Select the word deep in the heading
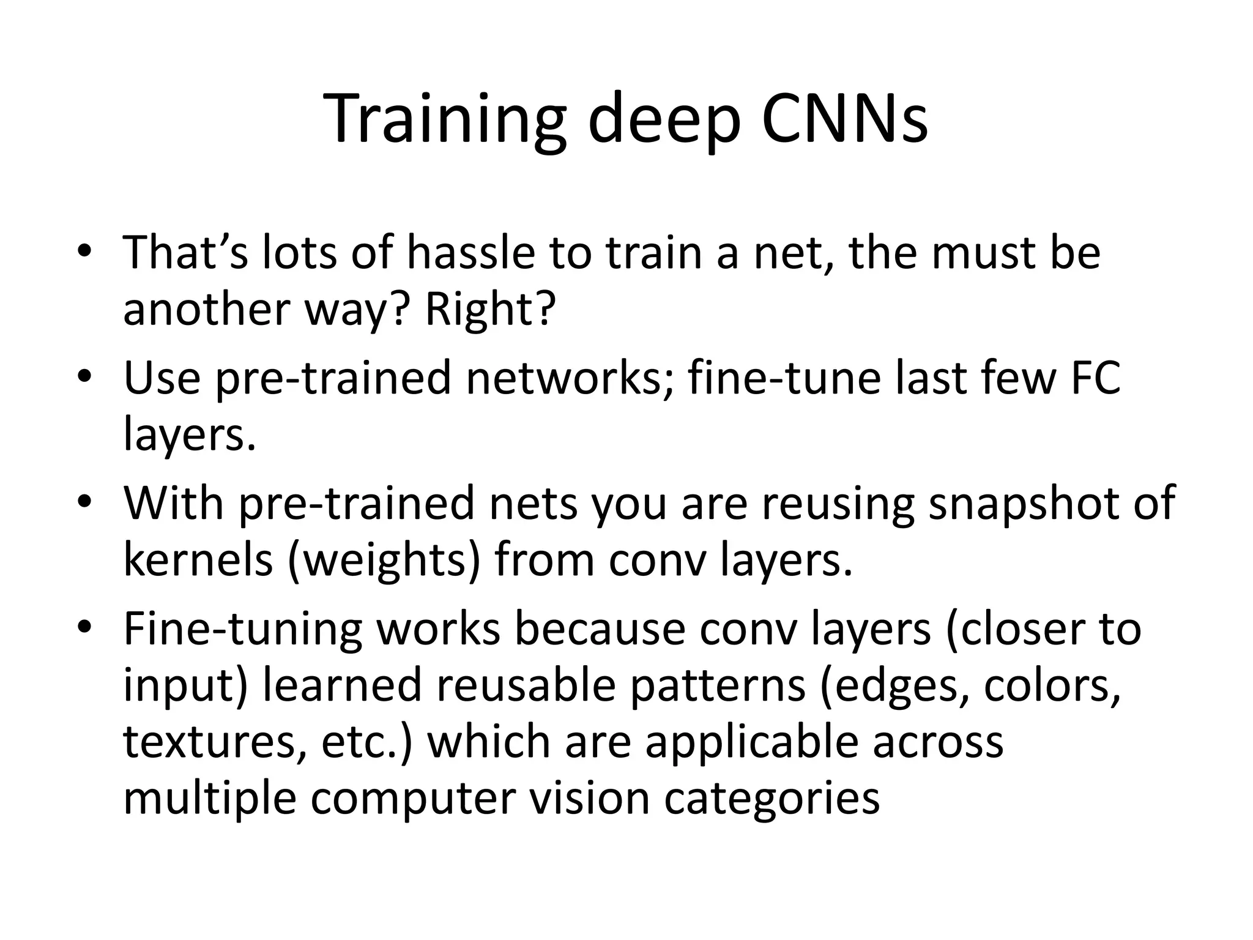pos(664,121)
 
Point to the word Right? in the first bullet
pos(490,309)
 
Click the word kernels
pos(198,560)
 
